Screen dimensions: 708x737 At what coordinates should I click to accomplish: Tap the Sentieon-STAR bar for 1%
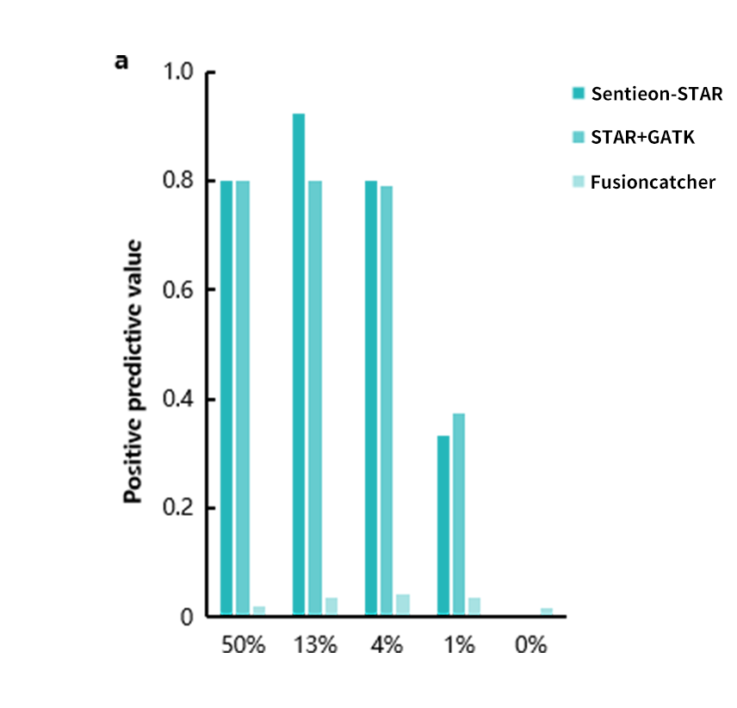pyautogui.click(x=443, y=525)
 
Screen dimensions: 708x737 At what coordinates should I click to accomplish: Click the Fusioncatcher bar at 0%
pyautogui.click(x=547, y=612)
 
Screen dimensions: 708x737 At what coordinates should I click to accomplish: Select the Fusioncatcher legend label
pyautogui.click(x=653, y=182)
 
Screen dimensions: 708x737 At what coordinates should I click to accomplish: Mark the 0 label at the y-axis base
pyautogui.click(x=187, y=617)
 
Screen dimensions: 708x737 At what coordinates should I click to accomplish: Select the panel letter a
pyautogui.click(x=122, y=61)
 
